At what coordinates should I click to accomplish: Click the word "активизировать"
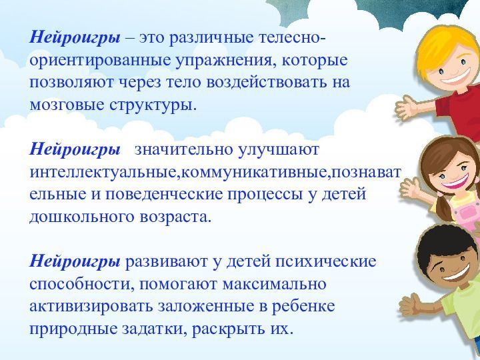tap(91, 306)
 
